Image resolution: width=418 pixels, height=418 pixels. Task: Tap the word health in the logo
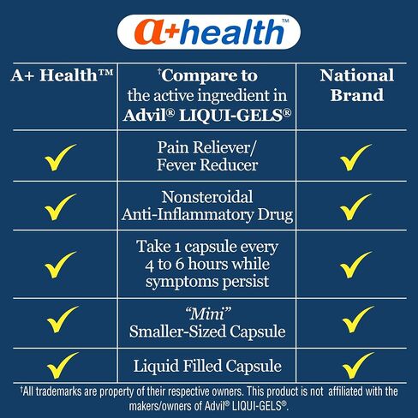tap(231, 31)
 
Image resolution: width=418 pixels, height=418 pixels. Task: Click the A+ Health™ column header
tap(62, 75)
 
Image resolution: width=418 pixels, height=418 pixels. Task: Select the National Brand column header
tap(357, 85)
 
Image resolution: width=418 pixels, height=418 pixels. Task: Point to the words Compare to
tap(209, 75)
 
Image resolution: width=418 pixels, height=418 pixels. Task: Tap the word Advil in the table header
tap(145, 115)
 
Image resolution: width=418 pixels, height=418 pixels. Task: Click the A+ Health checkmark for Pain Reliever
tap(61, 158)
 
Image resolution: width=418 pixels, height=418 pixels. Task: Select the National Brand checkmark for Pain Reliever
tap(355, 158)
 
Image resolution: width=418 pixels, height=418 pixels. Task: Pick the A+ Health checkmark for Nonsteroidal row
tap(61, 207)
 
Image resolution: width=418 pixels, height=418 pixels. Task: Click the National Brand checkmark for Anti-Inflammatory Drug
tap(355, 207)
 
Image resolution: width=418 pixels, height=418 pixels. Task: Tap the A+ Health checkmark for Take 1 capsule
tap(61, 265)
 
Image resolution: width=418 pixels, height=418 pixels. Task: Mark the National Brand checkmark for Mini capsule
tap(358, 319)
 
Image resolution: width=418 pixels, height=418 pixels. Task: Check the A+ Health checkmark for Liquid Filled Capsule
tap(63, 366)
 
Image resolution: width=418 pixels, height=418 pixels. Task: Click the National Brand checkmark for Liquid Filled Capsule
tap(358, 366)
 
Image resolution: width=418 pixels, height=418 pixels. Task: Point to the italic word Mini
tap(208, 313)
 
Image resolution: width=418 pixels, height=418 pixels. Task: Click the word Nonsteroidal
tap(207, 197)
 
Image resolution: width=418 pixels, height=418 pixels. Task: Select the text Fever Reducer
tap(207, 164)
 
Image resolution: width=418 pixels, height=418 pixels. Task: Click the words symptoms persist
tap(207, 282)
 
